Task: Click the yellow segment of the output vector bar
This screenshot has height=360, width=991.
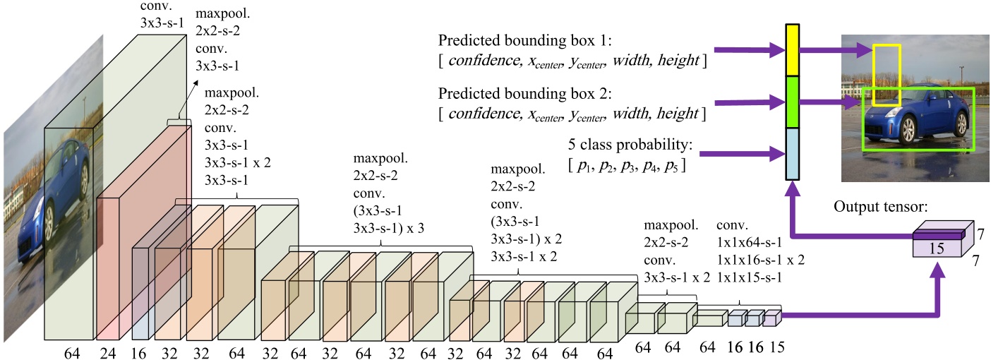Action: click(x=793, y=50)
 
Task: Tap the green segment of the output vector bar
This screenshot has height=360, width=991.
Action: click(x=793, y=102)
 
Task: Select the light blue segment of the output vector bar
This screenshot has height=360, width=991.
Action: click(x=793, y=154)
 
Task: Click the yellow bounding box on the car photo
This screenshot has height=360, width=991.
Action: click(x=887, y=75)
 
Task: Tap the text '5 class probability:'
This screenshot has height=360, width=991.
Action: click(x=630, y=146)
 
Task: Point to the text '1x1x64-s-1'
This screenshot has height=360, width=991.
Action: click(x=751, y=244)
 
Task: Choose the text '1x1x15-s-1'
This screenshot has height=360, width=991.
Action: click(x=751, y=277)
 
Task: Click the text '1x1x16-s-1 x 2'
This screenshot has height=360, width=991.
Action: click(x=760, y=260)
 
